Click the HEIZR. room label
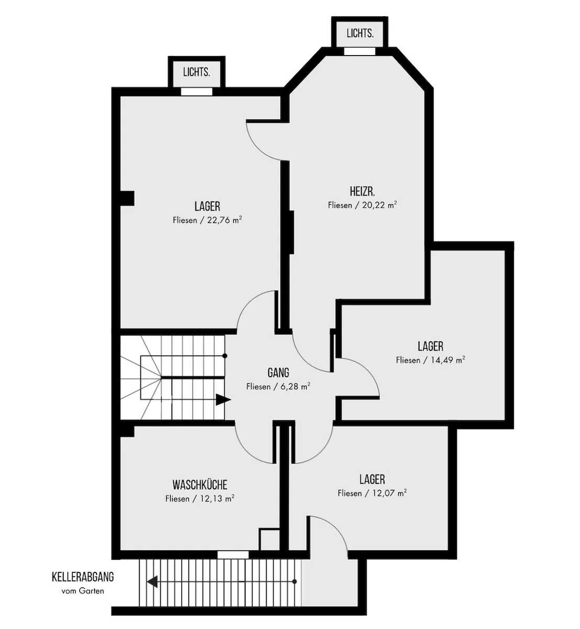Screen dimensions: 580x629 362,191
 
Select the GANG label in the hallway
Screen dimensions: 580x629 278,373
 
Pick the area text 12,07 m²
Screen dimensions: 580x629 389,493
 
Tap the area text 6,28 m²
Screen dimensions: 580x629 296,387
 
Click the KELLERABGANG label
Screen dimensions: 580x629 83,577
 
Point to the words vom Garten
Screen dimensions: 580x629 83,591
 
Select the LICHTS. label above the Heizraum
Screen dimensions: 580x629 360,33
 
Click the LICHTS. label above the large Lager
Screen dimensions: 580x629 196,72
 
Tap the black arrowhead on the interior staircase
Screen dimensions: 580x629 223,399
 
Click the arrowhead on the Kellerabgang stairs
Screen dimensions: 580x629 152,581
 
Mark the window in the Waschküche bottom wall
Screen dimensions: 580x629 233,555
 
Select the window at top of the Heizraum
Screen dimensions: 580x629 359,51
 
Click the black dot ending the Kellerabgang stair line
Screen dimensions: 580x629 294,581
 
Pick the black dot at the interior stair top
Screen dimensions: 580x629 225,356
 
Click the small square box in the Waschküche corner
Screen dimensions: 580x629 269,539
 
